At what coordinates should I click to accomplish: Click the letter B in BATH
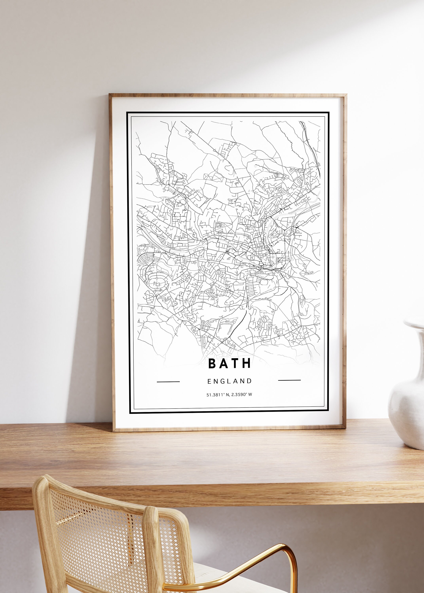pos(212,364)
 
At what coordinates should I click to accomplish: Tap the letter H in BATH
pos(246,364)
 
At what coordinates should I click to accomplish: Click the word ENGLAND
pos(230,381)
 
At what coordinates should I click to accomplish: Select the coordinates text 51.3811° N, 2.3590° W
pos(229,395)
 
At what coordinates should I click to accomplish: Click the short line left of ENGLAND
pos(168,382)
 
